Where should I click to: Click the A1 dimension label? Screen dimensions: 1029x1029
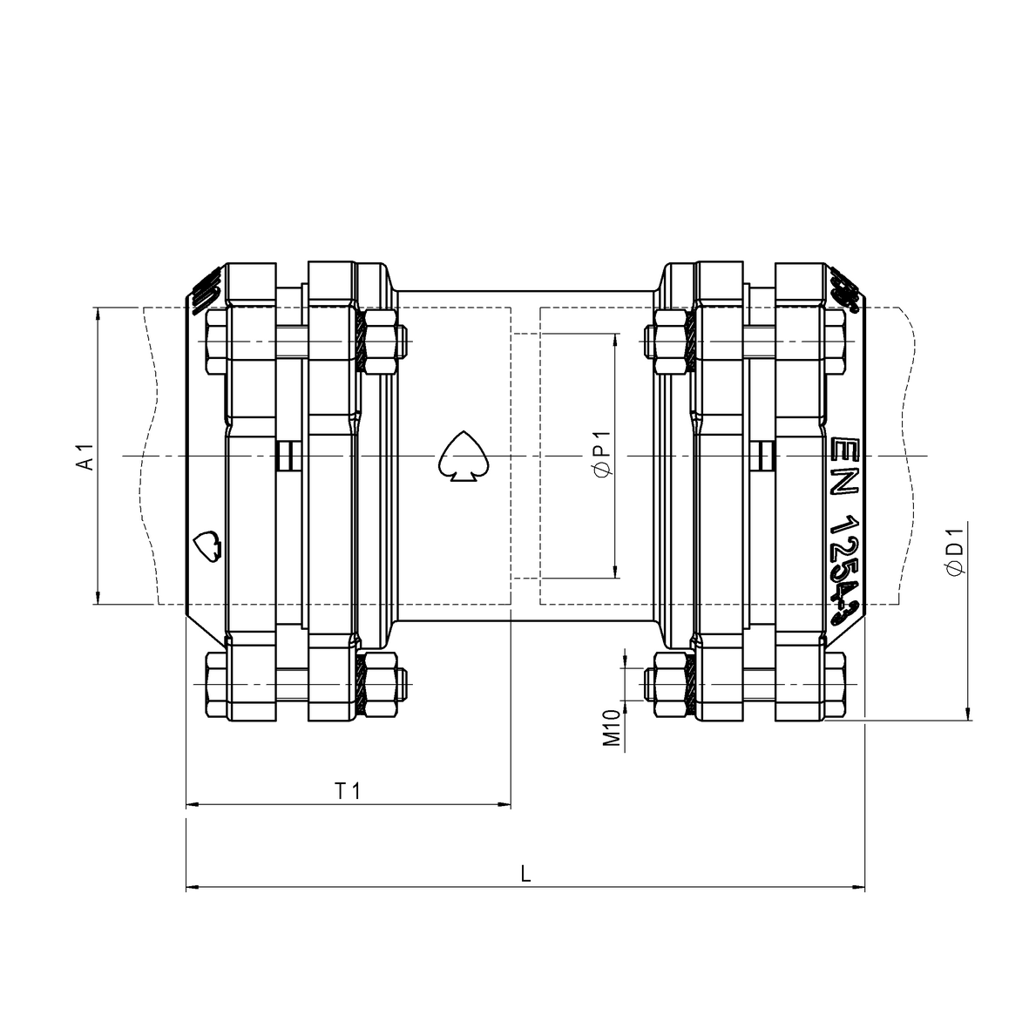click(x=85, y=457)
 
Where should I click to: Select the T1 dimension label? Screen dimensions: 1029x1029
click(x=348, y=790)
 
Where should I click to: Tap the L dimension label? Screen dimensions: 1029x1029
click(x=525, y=873)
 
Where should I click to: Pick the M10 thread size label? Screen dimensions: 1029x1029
click(x=612, y=728)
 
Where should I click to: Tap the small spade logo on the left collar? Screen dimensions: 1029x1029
click(x=207, y=546)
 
